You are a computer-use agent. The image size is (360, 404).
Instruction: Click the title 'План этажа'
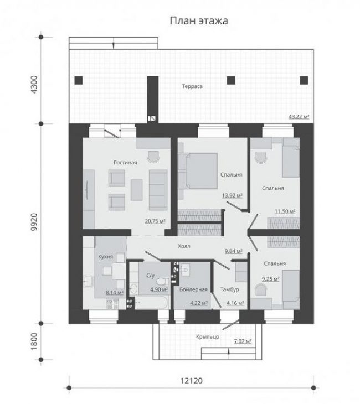pyautogui.click(x=199, y=21)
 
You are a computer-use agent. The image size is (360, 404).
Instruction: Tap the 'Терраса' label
pyautogui.click(x=192, y=86)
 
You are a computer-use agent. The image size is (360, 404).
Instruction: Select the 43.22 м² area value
pyautogui.click(x=299, y=117)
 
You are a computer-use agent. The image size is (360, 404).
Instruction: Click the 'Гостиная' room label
pyautogui.click(x=125, y=163)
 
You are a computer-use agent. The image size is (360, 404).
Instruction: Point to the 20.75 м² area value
pyautogui.click(x=155, y=221)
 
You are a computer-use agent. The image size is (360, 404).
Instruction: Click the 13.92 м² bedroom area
pyautogui.click(x=232, y=195)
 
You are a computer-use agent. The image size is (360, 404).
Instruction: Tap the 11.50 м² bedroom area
pyautogui.click(x=285, y=211)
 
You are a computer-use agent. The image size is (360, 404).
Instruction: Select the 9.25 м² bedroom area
pyautogui.click(x=270, y=279)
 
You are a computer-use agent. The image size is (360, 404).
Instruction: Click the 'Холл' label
pyautogui.click(x=184, y=246)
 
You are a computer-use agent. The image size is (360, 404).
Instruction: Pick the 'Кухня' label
pyautogui.click(x=105, y=257)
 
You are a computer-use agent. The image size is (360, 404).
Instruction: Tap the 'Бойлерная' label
pyautogui.click(x=193, y=289)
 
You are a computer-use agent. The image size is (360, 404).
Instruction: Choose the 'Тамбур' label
pyautogui.click(x=229, y=289)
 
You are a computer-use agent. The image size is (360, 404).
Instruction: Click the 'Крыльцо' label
pyautogui.click(x=208, y=336)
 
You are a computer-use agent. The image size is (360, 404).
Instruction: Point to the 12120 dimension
pyautogui.click(x=191, y=381)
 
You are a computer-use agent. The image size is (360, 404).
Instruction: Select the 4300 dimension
pyautogui.click(x=34, y=84)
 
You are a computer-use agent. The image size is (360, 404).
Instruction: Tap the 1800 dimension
pyautogui.click(x=34, y=341)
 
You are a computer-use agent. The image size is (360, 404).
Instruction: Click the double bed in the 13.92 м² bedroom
pyautogui.click(x=198, y=171)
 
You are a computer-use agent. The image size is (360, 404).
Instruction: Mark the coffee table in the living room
pyautogui.click(x=136, y=190)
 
